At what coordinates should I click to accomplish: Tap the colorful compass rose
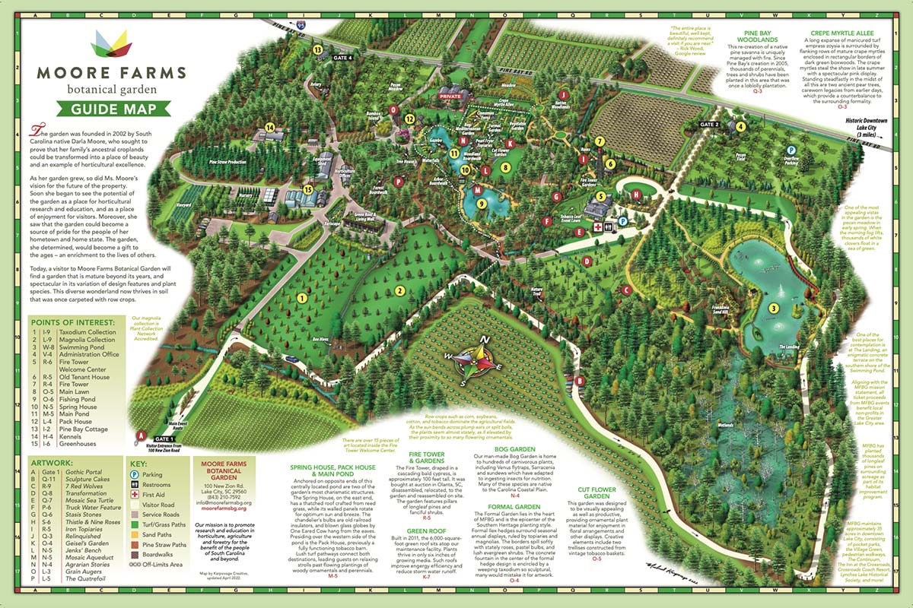tap(470, 366)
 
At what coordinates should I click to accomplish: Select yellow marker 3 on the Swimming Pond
tap(773, 308)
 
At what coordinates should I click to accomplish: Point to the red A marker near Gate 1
tap(139, 435)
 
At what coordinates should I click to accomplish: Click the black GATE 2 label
tap(708, 124)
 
